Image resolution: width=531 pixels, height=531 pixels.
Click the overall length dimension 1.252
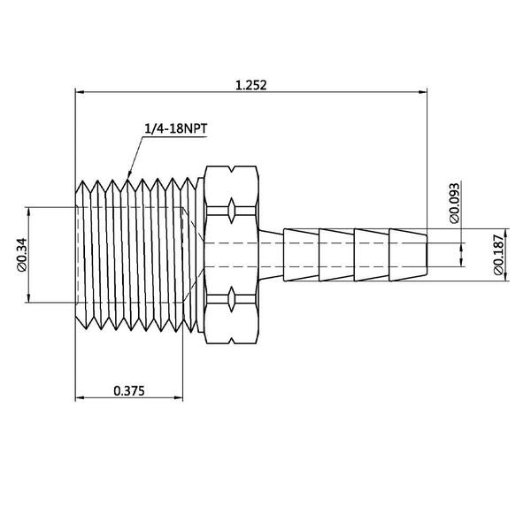pos(251,85)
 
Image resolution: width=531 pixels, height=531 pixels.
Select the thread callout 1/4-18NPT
pos(176,128)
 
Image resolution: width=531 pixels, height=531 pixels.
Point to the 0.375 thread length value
pos(129,389)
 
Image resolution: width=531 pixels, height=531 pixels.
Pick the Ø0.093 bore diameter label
pos(454,203)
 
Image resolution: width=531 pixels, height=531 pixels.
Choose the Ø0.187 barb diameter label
pos(497,256)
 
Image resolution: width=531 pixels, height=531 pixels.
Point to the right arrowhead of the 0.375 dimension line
pos(185,398)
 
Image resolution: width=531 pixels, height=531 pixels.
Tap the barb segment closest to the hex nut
pos(301,254)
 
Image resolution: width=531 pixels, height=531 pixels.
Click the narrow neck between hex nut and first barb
pos(270,254)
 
